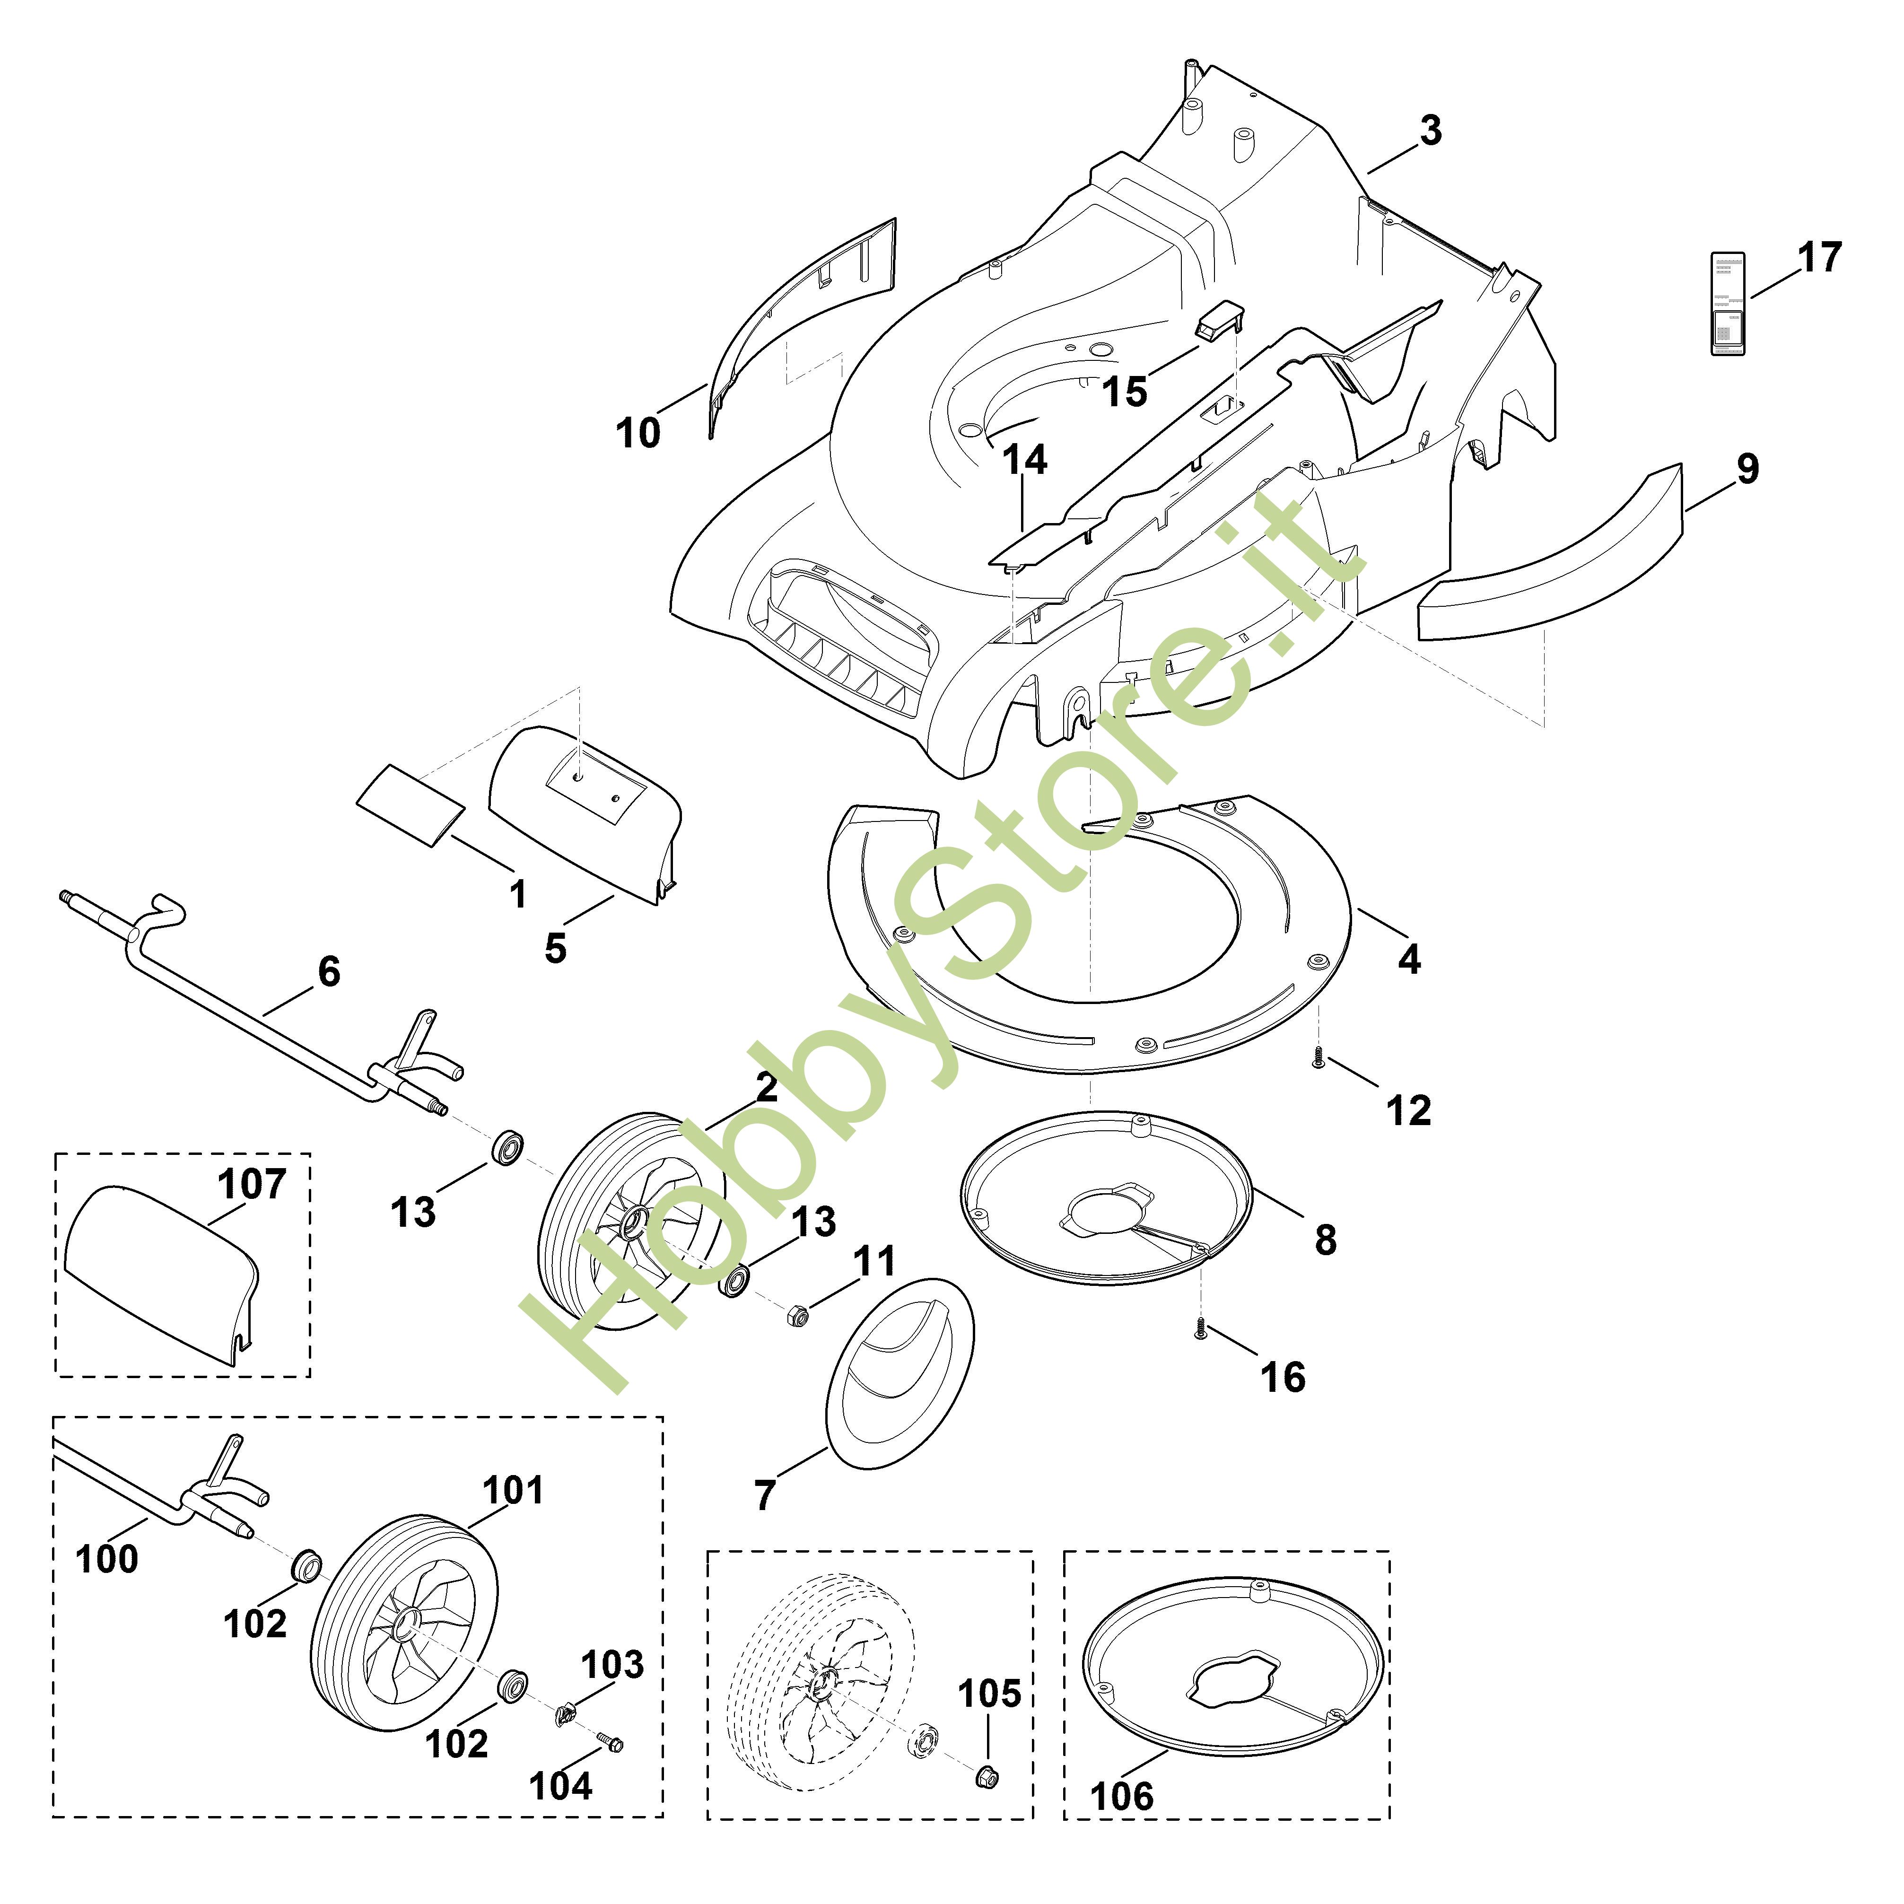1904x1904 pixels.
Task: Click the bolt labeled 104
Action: click(x=611, y=1743)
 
